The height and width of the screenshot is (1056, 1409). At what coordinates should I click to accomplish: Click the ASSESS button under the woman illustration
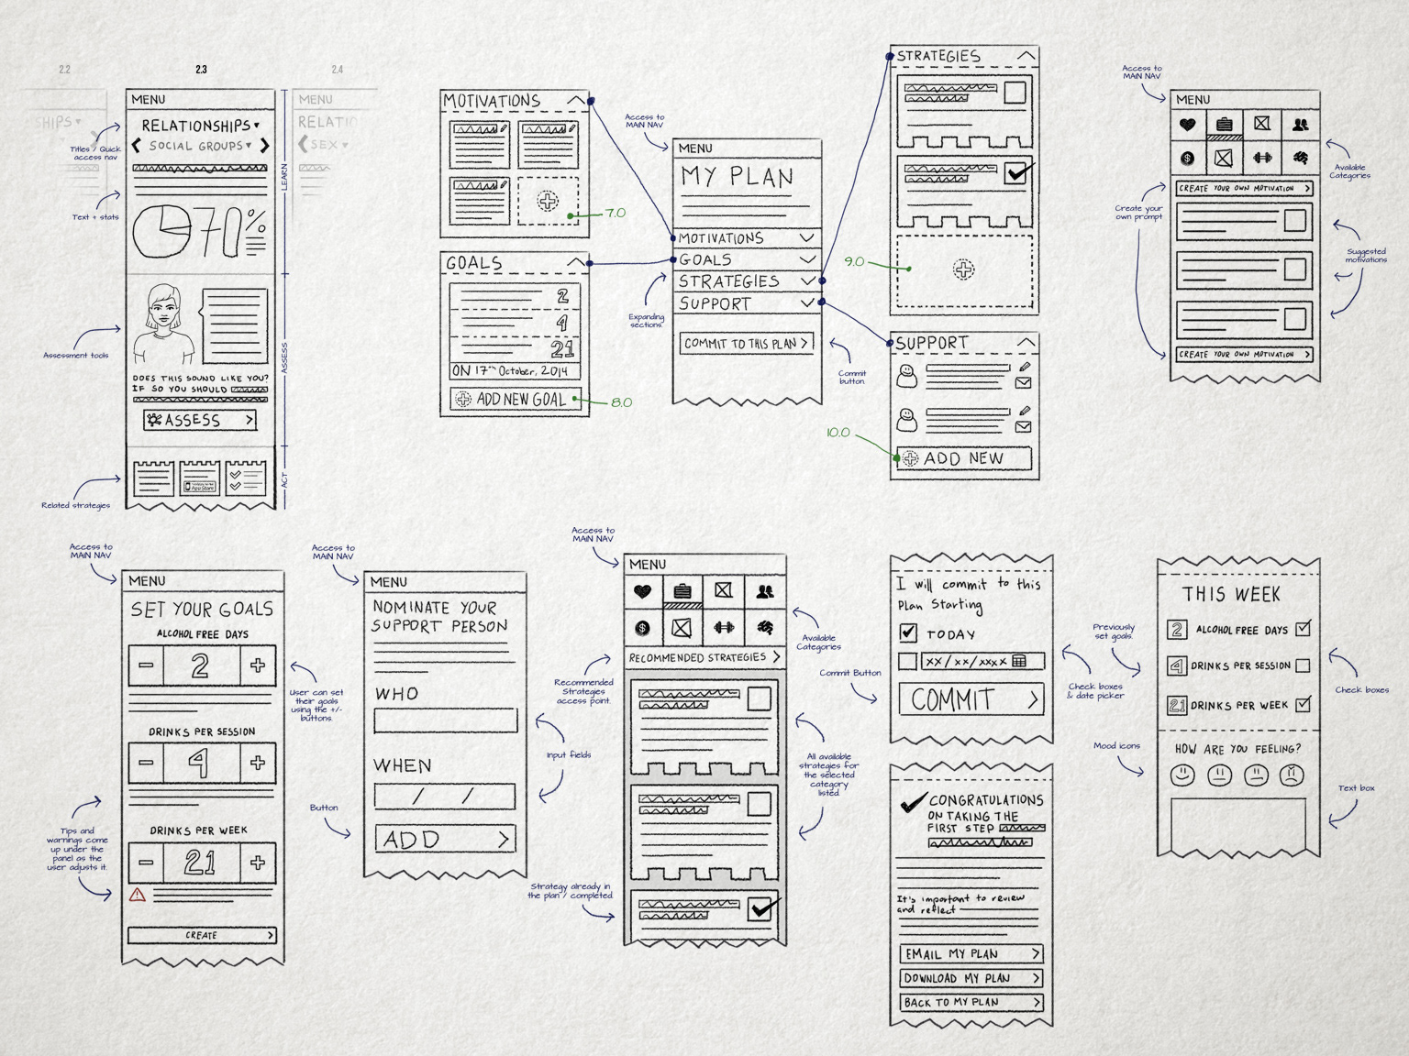[200, 420]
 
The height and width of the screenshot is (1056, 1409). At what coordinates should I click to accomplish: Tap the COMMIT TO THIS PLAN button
[747, 344]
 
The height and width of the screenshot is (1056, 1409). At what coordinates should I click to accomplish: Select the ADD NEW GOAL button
[515, 400]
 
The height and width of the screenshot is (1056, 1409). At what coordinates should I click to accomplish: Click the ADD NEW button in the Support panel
[962, 458]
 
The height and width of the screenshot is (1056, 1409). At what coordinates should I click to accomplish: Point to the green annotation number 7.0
[615, 214]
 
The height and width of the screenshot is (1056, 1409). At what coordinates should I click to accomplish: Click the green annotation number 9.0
[854, 262]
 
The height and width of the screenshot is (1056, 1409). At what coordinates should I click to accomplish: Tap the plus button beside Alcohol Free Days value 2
[258, 665]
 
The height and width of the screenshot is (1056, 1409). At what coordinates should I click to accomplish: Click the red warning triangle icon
[138, 895]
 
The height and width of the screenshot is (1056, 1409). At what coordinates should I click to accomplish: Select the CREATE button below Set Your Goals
[202, 935]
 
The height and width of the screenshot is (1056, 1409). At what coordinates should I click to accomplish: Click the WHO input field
[445, 721]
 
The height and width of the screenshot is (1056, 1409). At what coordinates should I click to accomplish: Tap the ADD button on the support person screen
[445, 839]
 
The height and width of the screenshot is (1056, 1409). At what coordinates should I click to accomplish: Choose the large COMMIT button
[971, 700]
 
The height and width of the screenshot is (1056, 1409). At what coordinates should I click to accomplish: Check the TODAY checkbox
[908, 632]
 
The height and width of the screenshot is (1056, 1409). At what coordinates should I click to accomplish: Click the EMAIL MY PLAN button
[971, 954]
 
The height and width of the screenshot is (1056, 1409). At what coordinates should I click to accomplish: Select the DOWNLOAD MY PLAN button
[971, 978]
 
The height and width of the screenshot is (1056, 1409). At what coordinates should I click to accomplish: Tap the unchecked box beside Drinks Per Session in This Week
[1303, 665]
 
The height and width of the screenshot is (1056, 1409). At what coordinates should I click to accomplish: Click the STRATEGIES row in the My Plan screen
[746, 281]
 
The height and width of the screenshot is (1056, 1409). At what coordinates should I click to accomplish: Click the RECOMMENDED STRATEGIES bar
[704, 657]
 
